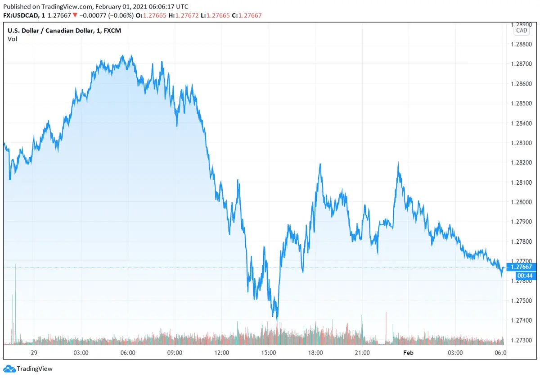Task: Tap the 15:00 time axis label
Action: click(268, 352)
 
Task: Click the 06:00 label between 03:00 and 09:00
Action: click(128, 352)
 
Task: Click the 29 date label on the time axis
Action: click(33, 352)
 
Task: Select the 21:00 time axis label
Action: click(362, 352)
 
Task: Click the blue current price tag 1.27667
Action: click(521, 267)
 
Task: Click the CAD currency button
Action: click(522, 31)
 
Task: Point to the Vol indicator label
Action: click(12, 39)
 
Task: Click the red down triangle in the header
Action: click(75, 15)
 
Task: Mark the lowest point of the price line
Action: click(277, 320)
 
